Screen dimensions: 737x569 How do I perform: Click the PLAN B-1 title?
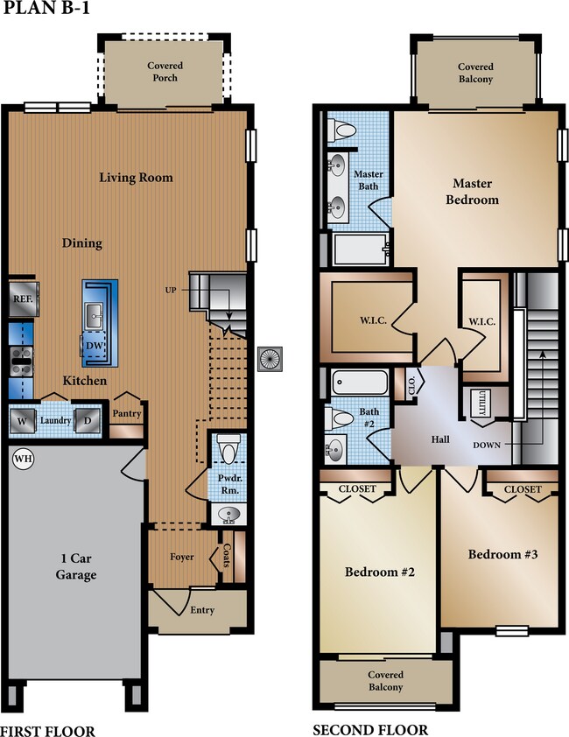click(45, 11)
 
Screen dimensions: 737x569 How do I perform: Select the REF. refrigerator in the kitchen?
click(22, 298)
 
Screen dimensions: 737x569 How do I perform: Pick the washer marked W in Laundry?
click(22, 419)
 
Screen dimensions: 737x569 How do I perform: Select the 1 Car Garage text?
click(72, 567)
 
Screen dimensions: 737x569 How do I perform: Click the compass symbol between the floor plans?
click(270, 357)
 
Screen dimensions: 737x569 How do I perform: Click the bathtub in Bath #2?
click(360, 383)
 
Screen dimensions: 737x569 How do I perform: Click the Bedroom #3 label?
click(497, 554)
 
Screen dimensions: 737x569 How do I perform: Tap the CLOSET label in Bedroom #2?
click(356, 488)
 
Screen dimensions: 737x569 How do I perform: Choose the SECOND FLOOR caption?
click(370, 729)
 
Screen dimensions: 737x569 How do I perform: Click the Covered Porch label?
click(164, 72)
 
